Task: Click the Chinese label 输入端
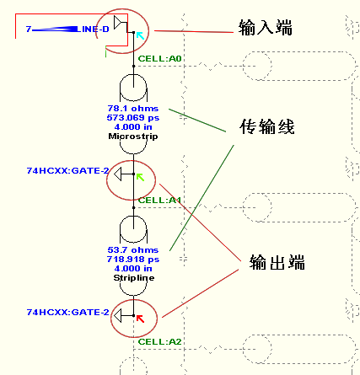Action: (x=266, y=29)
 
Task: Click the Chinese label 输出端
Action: (x=277, y=263)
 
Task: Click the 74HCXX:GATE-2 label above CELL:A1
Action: (x=67, y=171)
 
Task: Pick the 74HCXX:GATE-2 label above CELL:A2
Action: (x=67, y=313)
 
